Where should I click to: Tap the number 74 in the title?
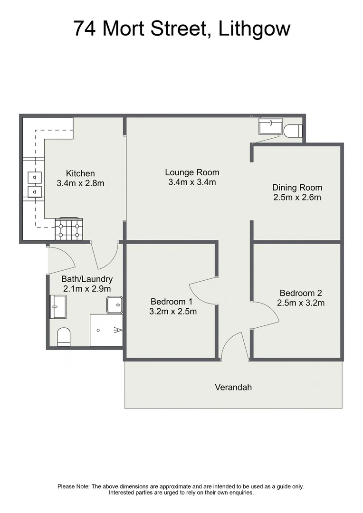click(x=86, y=28)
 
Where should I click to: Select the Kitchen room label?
click(x=80, y=173)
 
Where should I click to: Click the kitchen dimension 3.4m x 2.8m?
click(x=80, y=183)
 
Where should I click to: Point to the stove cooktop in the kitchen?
click(x=69, y=228)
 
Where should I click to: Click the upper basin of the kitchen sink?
click(x=35, y=178)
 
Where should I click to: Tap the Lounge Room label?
click(x=192, y=172)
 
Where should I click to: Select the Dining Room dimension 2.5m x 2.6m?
click(x=297, y=197)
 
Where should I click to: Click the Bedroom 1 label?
click(x=172, y=301)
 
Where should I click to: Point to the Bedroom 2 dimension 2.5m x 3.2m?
click(x=301, y=303)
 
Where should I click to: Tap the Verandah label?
click(x=233, y=387)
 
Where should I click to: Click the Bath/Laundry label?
click(x=87, y=279)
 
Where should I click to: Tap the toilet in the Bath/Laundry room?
click(x=64, y=337)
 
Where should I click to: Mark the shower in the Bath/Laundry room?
click(x=106, y=330)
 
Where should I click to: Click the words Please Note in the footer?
click(x=73, y=486)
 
